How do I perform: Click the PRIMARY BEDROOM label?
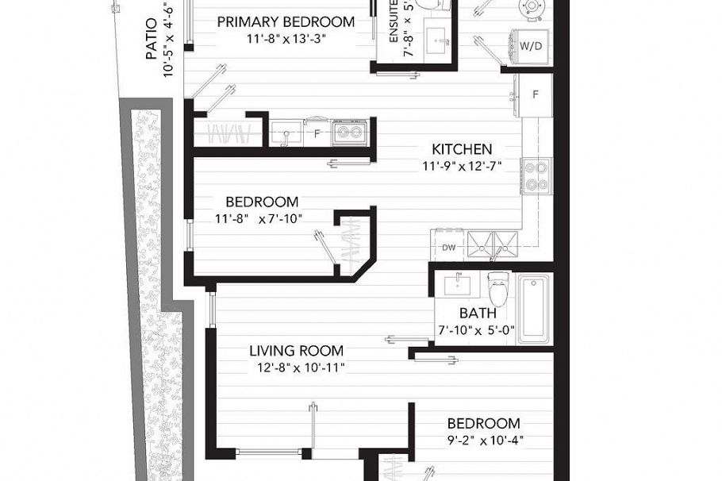[286, 21]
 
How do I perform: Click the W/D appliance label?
[532, 46]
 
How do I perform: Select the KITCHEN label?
[462, 149]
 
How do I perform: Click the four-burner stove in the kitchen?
[536, 175]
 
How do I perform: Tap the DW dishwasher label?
[448, 247]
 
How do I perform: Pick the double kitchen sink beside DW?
[491, 245]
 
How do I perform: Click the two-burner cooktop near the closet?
[349, 133]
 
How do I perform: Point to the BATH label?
[478, 313]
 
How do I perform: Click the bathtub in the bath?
[535, 309]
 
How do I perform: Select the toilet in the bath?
[497, 288]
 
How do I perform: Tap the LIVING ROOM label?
[296, 351]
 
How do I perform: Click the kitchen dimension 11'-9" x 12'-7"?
[462, 166]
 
